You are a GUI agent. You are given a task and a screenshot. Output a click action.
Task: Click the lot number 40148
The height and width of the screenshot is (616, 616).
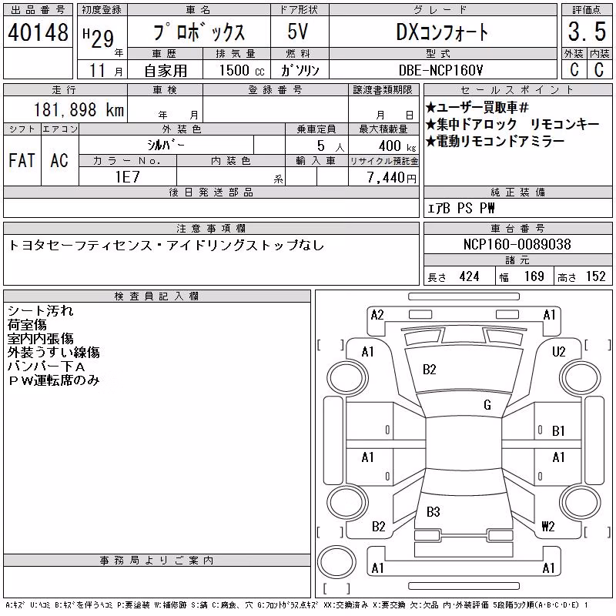point(38,32)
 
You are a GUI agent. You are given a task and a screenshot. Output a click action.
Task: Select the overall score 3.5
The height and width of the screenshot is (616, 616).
point(587,32)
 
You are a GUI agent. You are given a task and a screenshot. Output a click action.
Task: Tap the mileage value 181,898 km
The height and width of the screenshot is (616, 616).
point(79,109)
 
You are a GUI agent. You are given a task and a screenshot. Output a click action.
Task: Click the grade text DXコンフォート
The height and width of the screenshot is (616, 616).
point(442,32)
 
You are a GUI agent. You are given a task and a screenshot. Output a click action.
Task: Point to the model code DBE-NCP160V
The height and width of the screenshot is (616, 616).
point(440,70)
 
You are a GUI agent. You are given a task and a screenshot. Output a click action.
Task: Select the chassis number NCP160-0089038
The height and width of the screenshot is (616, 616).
point(517,244)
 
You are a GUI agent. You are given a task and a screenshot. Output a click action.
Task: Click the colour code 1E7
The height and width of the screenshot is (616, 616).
point(127,177)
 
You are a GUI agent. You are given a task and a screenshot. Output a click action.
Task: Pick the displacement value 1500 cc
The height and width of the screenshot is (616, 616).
point(242,70)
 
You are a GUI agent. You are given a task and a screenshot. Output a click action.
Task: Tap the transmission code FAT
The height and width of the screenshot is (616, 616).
point(22,160)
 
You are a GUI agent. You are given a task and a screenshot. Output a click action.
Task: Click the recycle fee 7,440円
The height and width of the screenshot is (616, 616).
point(392,178)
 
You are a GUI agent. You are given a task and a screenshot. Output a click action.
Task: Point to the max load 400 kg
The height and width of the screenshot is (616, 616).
point(397,146)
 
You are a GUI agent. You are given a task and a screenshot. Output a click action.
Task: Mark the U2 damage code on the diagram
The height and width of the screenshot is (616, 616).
point(558,352)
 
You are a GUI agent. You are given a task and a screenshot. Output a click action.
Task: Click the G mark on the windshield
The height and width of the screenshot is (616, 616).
point(487,405)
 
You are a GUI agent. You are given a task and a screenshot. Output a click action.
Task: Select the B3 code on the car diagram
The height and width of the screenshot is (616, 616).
point(433,511)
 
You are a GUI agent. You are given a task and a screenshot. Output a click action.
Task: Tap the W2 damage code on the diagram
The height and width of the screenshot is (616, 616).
point(547,526)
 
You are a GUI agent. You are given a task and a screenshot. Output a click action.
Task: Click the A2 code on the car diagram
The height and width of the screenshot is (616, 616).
point(377,315)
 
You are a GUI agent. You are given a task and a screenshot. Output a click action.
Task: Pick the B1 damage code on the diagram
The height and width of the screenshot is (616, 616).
point(557,431)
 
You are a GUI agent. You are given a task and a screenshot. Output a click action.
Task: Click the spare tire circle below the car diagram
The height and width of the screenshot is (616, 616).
point(336,561)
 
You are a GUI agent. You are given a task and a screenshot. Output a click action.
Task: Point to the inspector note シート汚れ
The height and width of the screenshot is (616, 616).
point(41,311)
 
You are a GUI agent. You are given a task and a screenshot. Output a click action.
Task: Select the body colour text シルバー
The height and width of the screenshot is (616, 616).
point(166,146)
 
